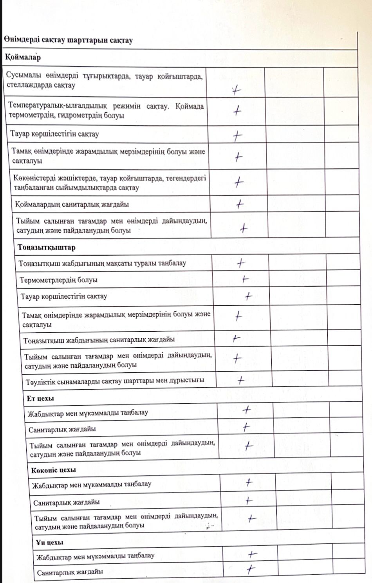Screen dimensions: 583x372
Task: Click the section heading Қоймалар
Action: pyautogui.click(x=23, y=58)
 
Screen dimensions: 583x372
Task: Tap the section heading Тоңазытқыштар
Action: pyautogui.click(x=47, y=247)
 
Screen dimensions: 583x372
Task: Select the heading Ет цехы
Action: pyautogui.click(x=40, y=398)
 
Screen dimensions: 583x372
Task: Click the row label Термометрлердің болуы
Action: pyautogui.click(x=59, y=280)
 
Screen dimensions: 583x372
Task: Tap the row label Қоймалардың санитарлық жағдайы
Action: pyautogui.click(x=72, y=204)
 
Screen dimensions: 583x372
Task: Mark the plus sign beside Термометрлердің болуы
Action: pyautogui.click(x=245, y=279)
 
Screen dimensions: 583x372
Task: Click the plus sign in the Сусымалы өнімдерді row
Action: pyautogui.click(x=235, y=91)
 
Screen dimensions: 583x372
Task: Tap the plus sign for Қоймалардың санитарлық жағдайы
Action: pyautogui.click(x=239, y=204)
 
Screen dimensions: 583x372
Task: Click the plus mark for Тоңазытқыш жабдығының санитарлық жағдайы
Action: pyautogui.click(x=236, y=338)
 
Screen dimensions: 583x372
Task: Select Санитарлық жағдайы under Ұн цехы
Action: pyautogui.click(x=70, y=572)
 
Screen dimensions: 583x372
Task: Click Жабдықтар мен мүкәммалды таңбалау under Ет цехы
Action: pyautogui.click(x=88, y=413)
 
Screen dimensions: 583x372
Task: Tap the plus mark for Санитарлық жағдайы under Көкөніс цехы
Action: pyautogui.click(x=249, y=501)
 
